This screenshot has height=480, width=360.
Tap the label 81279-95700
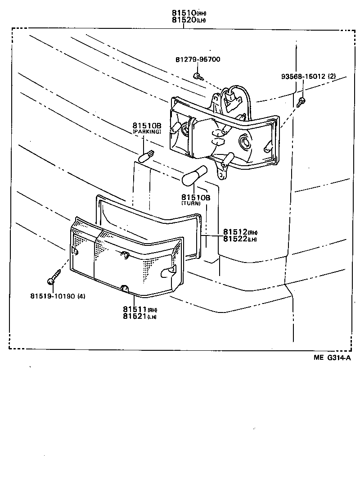[198, 59]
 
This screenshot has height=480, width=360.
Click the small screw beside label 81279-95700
[198, 75]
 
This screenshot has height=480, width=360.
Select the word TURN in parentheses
[191, 204]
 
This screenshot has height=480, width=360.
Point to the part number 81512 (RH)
[239, 232]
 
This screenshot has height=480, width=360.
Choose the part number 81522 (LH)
[239, 239]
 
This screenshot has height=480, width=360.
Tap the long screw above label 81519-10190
[54, 277]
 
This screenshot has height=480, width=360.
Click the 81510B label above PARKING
[147, 125]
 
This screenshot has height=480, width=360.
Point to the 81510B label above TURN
[196, 197]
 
